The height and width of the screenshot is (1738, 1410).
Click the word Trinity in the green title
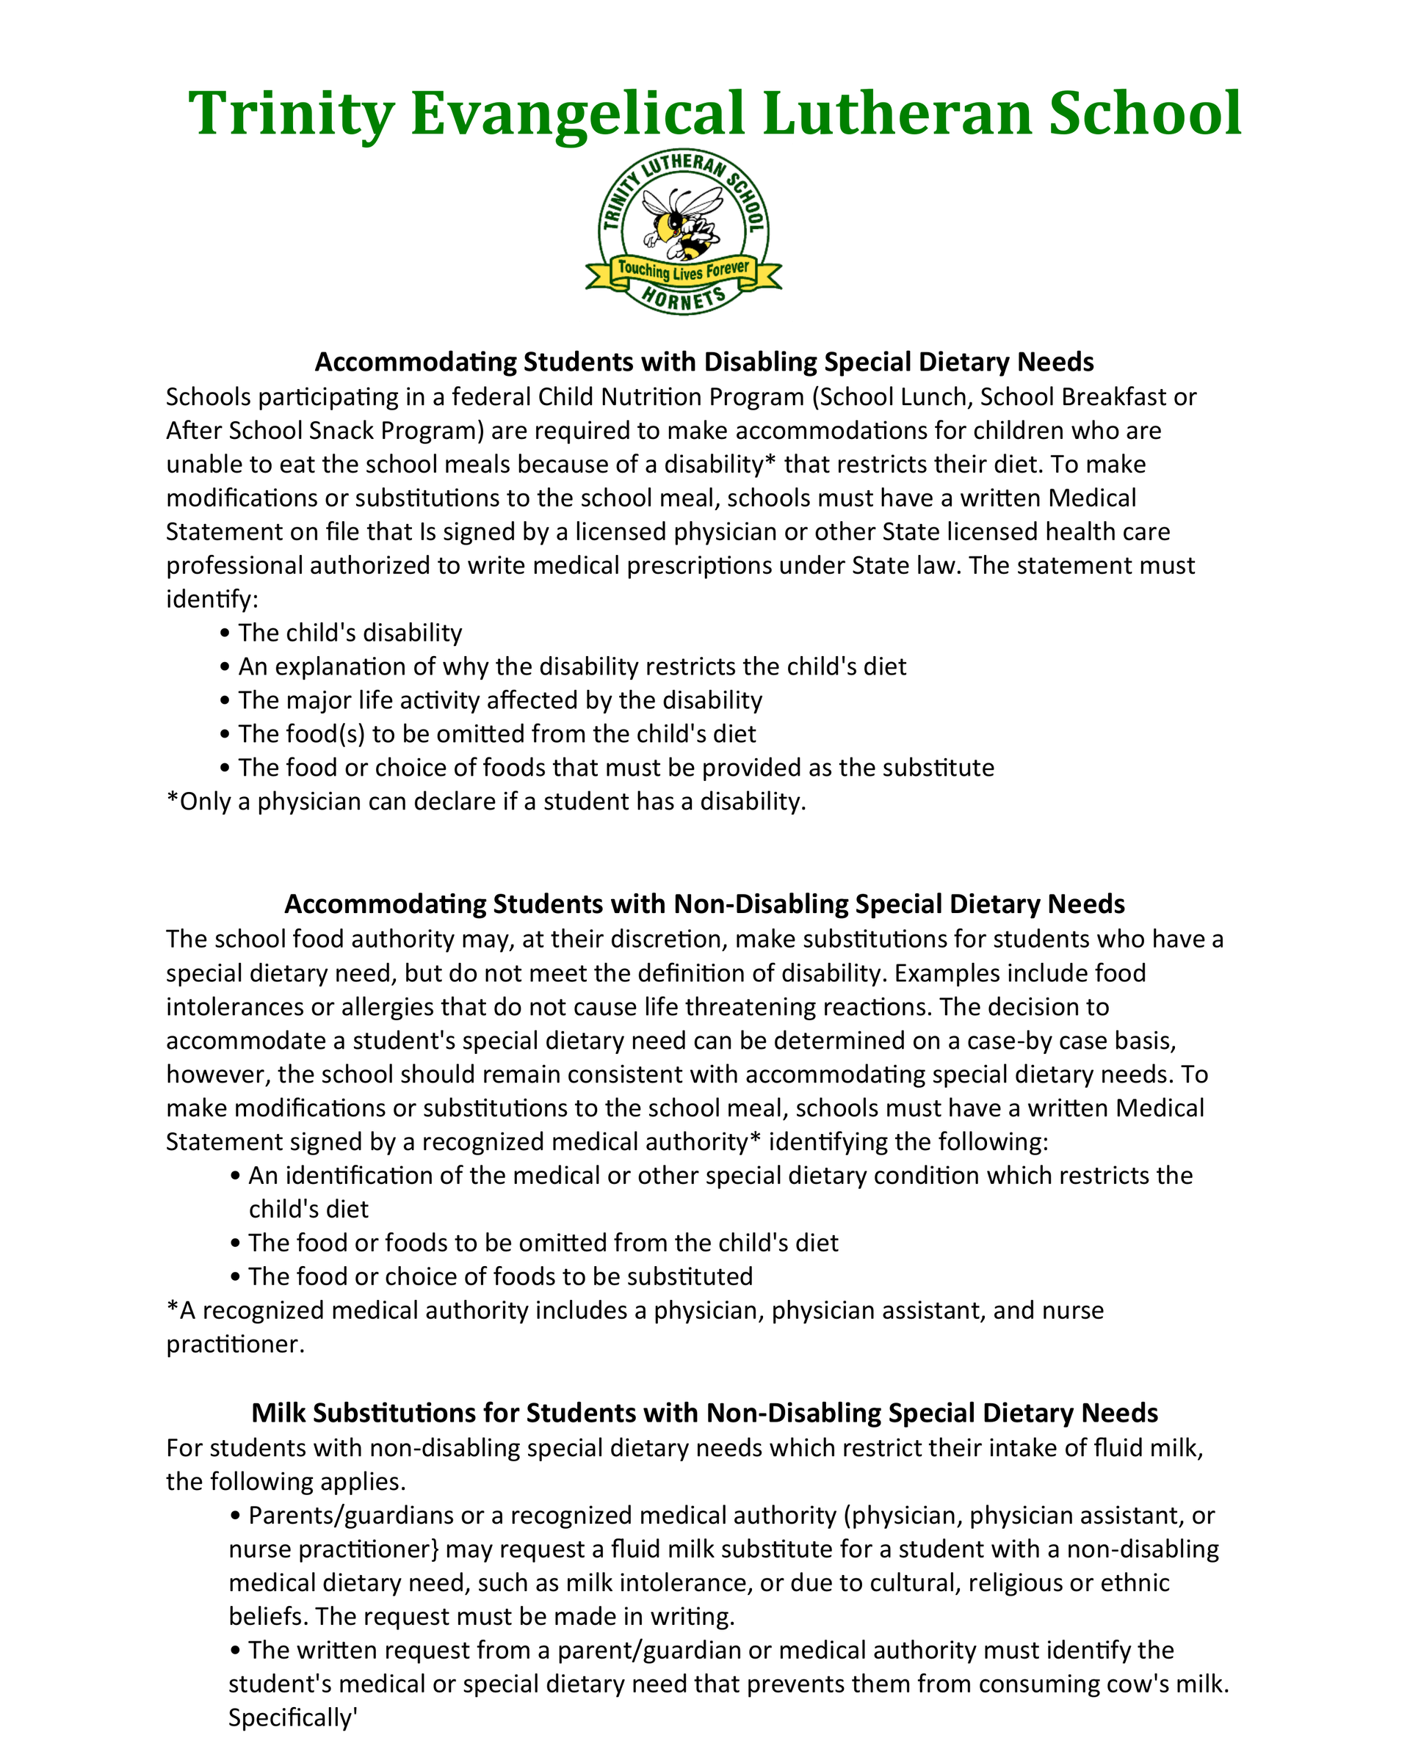291,114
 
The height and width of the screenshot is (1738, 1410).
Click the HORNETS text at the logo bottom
683,298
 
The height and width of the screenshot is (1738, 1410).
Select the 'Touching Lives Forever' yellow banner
683,270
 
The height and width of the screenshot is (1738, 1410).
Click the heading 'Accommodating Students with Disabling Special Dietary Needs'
704,361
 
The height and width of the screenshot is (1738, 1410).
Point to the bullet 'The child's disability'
350,633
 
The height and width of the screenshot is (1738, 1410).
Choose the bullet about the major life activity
499,699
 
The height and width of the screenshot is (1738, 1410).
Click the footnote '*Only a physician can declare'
485,801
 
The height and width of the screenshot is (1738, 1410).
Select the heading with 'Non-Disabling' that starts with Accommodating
704,903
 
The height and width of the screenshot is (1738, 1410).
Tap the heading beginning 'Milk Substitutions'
704,1412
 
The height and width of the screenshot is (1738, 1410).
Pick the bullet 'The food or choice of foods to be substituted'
500,1276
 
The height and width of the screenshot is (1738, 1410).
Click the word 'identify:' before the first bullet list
212,599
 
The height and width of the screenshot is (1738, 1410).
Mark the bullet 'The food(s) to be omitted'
496,734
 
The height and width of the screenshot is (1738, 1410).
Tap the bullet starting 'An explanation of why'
572,666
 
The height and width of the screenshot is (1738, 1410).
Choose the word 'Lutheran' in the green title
897,114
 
